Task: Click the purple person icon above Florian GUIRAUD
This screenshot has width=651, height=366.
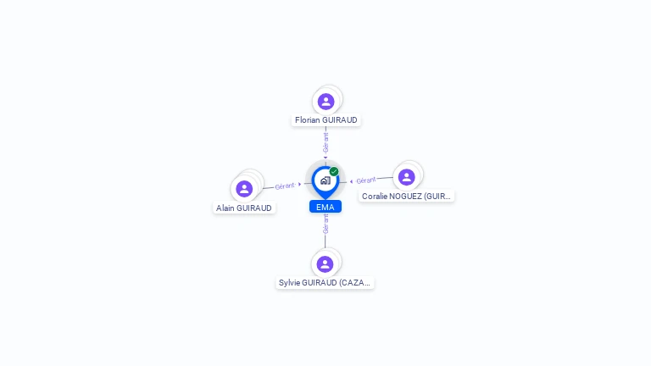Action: click(x=325, y=102)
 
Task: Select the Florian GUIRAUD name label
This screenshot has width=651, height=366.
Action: click(x=325, y=120)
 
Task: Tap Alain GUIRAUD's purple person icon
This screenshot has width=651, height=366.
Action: click(x=245, y=188)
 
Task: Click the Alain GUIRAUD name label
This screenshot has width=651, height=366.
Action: click(x=244, y=208)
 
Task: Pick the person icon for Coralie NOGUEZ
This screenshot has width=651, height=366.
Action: click(x=406, y=177)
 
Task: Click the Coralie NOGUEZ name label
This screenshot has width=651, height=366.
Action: click(x=406, y=196)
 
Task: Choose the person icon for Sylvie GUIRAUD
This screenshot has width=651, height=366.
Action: click(x=325, y=263)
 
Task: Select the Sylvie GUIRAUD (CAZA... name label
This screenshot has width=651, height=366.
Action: click(x=325, y=283)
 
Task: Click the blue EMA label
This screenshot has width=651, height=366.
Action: click(x=325, y=207)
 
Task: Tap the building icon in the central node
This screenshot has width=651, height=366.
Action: click(x=325, y=180)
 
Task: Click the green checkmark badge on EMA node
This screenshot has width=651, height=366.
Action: click(x=334, y=171)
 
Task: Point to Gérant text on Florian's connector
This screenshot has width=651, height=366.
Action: click(x=325, y=142)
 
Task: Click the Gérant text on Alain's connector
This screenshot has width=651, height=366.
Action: click(x=285, y=186)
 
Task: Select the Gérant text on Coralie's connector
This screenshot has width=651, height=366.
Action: click(x=365, y=180)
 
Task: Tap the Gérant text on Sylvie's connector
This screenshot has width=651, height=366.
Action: click(x=325, y=224)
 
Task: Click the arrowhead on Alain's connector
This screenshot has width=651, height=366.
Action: click(x=300, y=184)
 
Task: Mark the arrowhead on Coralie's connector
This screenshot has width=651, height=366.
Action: click(x=351, y=181)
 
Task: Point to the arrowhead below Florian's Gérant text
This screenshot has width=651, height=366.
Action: click(x=325, y=157)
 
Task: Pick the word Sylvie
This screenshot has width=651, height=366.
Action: click(x=291, y=283)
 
